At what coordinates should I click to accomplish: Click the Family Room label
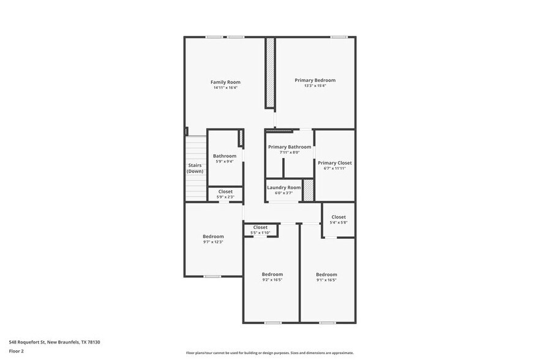click(225, 82)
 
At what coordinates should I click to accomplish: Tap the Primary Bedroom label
click(315, 80)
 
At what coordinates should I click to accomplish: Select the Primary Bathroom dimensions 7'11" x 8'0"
click(289, 153)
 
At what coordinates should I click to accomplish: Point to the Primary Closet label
click(334, 163)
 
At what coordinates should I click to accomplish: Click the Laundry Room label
click(285, 187)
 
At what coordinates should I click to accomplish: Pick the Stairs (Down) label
click(195, 168)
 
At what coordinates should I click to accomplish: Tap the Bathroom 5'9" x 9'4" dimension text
click(224, 162)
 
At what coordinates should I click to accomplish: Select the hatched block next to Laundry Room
click(309, 190)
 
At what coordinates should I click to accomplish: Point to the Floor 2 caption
click(17, 351)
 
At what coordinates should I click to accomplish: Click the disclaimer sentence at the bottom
click(270, 353)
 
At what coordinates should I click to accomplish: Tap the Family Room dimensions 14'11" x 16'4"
click(225, 88)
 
